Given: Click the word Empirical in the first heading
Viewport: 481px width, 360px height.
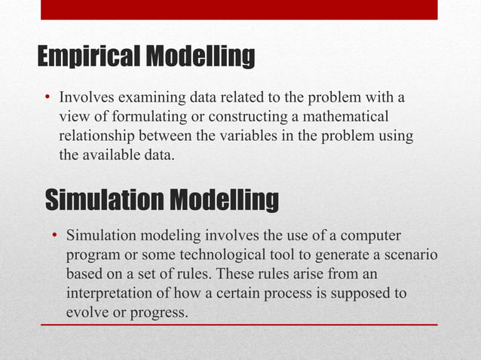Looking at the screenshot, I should tap(87, 56).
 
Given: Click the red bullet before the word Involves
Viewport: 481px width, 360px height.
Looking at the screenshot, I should tap(47, 98).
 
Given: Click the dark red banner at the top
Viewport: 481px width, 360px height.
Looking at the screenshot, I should tap(238, 9).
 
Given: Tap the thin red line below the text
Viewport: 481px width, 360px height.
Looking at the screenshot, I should tap(238, 325).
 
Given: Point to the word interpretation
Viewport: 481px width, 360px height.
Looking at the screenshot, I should tap(115, 292).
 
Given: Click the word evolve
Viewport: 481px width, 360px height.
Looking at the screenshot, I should tap(86, 311).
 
